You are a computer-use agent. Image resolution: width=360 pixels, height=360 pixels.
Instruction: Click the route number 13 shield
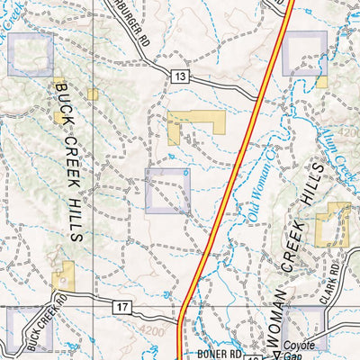coord(182,78)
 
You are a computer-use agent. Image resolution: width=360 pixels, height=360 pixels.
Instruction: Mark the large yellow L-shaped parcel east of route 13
coord(193,126)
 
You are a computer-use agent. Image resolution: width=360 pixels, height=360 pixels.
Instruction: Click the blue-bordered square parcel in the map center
coord(168,191)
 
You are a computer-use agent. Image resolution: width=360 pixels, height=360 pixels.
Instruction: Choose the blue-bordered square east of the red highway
coord(304,52)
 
